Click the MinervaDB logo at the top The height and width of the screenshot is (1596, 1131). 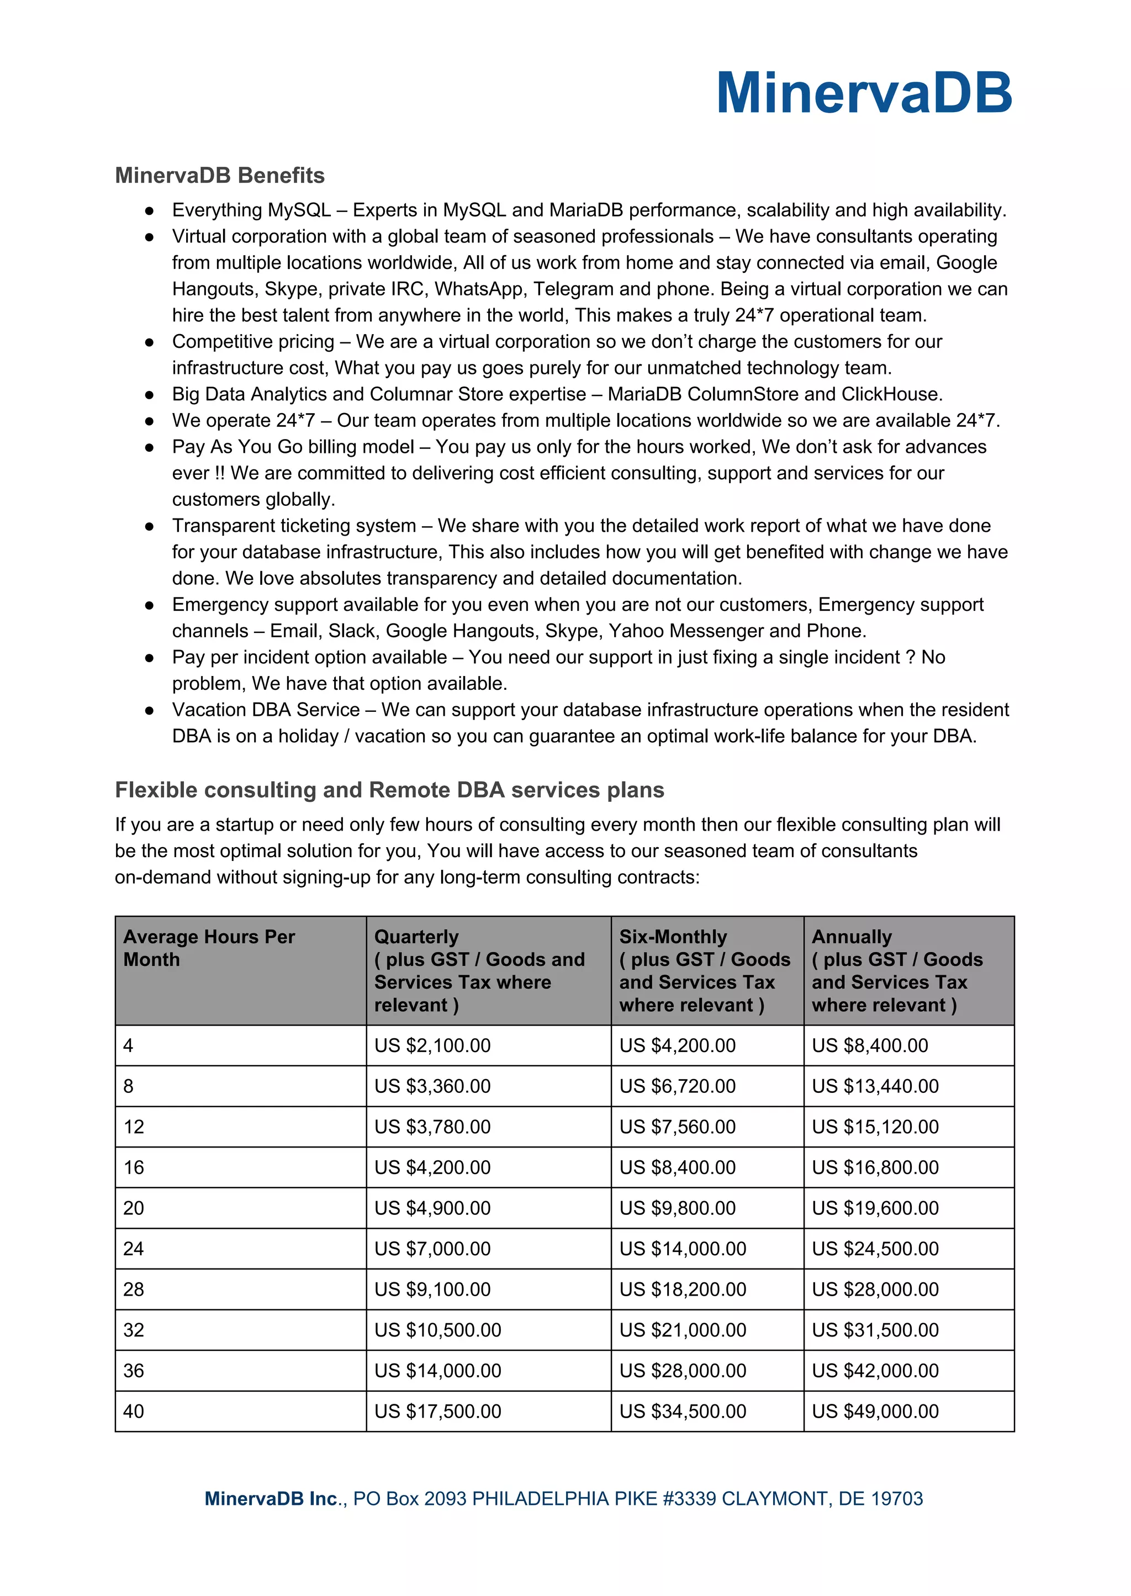pyautogui.click(x=864, y=93)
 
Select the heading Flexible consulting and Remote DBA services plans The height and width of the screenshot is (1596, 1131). pyautogui.click(x=389, y=790)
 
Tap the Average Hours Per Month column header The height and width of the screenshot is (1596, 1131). pyautogui.click(x=209, y=948)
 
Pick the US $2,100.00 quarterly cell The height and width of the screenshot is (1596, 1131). pyautogui.click(x=432, y=1045)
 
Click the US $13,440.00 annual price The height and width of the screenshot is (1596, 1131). pyautogui.click(x=875, y=1086)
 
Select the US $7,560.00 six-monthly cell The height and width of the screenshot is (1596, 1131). pyautogui.click(x=677, y=1127)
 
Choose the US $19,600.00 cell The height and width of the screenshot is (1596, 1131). pyautogui.click(x=875, y=1208)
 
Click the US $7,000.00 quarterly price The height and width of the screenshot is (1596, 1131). pyautogui.click(x=432, y=1249)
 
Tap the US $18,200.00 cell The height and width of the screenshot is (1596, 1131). pyautogui.click(x=683, y=1289)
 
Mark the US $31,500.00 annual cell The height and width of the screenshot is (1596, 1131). pyautogui.click(x=875, y=1330)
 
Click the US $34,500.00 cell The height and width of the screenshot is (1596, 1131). pyautogui.click(x=683, y=1412)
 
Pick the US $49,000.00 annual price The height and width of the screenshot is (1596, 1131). pyautogui.click(x=875, y=1412)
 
